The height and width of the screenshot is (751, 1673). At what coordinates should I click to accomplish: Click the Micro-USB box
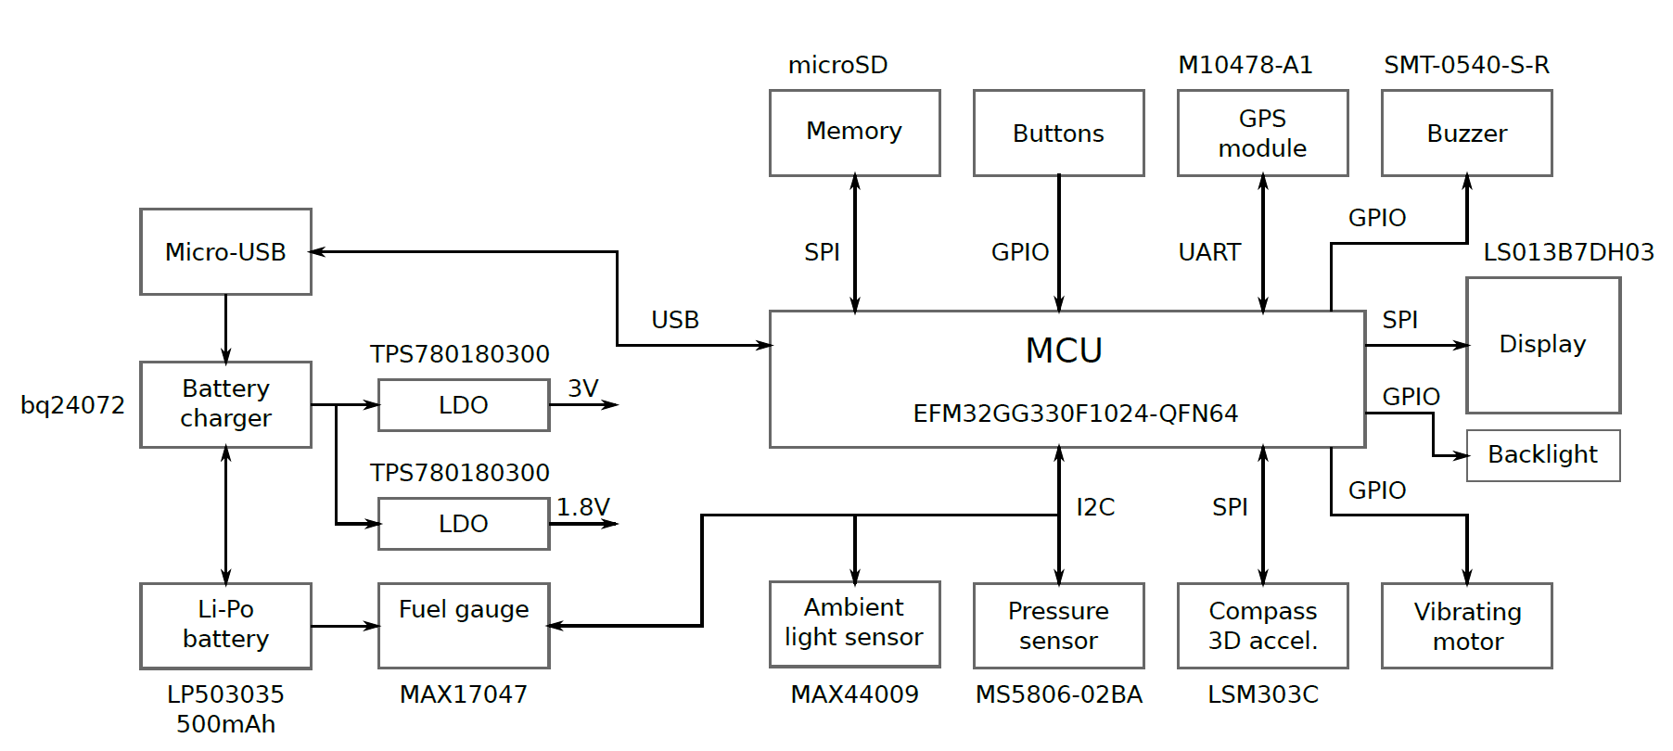225,251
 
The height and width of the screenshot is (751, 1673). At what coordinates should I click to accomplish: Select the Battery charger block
225,404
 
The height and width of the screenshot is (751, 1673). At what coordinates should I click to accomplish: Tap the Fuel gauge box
464,625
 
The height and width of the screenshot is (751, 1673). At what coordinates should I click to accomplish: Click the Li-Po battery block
225,625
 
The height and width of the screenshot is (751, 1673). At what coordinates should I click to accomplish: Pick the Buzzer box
1466,133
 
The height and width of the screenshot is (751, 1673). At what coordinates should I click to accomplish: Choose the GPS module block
1262,133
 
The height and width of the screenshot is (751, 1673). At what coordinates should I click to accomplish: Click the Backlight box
1542,455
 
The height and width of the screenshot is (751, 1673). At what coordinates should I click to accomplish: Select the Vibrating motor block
1466,626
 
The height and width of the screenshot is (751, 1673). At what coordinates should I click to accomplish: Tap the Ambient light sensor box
854,623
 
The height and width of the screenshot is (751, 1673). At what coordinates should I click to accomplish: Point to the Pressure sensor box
1058,625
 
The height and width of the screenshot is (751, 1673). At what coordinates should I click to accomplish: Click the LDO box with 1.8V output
464,524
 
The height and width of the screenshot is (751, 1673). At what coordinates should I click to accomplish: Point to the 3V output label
583,388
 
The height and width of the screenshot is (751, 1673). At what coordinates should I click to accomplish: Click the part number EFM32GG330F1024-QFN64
1076,413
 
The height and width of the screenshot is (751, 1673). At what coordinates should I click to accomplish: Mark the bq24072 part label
72,405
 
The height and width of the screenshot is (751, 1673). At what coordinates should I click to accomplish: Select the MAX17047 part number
464,694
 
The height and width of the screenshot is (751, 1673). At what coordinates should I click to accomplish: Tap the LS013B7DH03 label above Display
1568,252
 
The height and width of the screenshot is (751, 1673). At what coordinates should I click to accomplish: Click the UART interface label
1209,252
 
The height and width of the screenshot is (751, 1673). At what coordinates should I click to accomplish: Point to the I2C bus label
1095,507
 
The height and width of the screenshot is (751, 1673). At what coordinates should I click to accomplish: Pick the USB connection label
675,320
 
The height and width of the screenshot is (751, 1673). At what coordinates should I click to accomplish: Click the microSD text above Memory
837,65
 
